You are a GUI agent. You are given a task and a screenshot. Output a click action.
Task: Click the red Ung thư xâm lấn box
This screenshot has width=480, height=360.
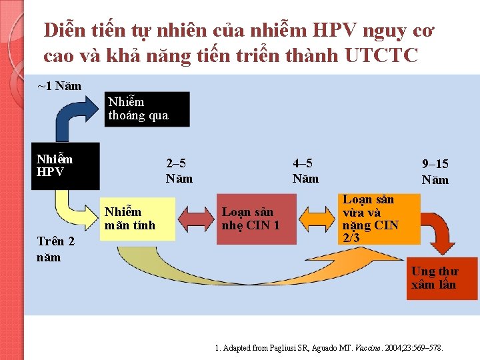pyautogui.click(x=442, y=277)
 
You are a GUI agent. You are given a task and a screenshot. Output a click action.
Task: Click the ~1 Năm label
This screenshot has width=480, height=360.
pyautogui.click(x=60, y=86)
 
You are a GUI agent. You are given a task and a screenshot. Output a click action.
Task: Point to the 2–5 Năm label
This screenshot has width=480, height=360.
pyautogui.click(x=179, y=171)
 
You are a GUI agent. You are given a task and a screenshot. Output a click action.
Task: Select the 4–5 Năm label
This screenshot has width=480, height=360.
pyautogui.click(x=305, y=171)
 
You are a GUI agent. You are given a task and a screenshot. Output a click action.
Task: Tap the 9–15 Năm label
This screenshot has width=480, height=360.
pyautogui.click(x=435, y=171)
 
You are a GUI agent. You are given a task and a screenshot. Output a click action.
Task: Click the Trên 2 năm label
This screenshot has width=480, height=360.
pyautogui.click(x=56, y=249)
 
